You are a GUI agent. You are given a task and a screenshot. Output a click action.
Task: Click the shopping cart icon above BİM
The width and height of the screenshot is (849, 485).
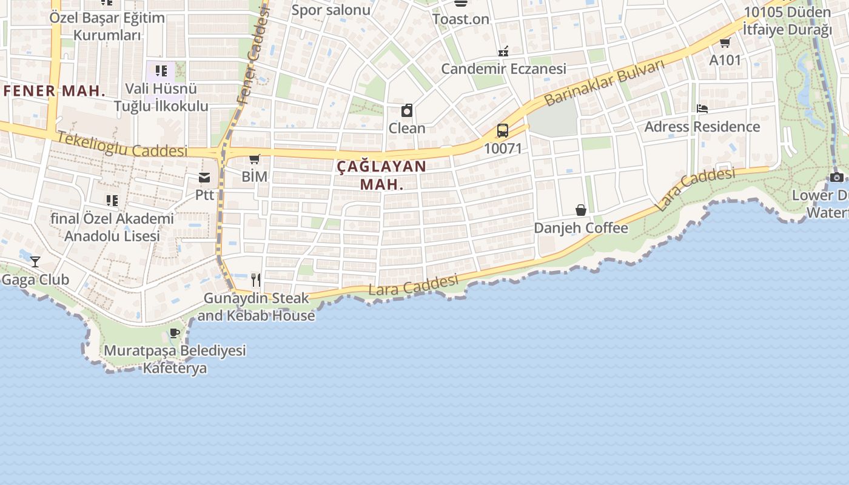click(255, 159)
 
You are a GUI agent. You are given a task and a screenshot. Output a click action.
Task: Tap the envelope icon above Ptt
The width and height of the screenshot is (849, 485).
click(204, 178)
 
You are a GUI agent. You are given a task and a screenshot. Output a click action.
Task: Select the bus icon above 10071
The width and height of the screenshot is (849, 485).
click(502, 130)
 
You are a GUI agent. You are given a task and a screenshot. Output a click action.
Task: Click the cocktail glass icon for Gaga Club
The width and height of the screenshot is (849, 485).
click(35, 262)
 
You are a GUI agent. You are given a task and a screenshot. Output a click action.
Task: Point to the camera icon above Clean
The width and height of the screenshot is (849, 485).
click(407, 110)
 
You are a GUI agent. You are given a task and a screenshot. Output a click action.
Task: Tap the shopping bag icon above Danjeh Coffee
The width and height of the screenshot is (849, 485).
click(580, 210)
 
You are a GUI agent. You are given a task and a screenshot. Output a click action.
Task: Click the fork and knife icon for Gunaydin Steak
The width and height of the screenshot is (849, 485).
click(256, 279)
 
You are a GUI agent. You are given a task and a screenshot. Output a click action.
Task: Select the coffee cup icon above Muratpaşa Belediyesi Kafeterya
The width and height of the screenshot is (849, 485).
click(175, 333)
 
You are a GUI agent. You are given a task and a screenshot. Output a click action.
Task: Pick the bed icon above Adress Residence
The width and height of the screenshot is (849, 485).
click(702, 109)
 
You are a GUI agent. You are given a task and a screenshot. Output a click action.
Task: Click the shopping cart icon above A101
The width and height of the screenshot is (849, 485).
click(725, 42)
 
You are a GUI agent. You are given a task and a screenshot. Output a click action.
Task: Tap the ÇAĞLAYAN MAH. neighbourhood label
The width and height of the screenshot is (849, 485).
click(381, 175)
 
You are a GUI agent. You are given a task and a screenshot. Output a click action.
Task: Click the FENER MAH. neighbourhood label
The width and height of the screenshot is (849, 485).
click(55, 92)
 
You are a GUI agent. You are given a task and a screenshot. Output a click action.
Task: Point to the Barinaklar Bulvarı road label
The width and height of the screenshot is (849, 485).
click(604, 83)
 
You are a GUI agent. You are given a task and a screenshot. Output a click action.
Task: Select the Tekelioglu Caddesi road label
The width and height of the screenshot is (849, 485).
click(122, 145)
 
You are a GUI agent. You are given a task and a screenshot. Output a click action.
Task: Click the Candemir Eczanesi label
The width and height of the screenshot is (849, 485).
click(503, 69)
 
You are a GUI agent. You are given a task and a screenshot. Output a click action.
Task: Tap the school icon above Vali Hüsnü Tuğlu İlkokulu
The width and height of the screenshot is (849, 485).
click(161, 71)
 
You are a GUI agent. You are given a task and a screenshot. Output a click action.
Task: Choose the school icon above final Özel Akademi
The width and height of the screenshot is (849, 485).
click(112, 200)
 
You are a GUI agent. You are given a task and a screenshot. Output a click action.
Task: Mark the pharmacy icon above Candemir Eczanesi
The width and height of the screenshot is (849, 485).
click(503, 52)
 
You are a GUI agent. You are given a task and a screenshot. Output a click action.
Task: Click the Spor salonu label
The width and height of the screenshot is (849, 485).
click(331, 10)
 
